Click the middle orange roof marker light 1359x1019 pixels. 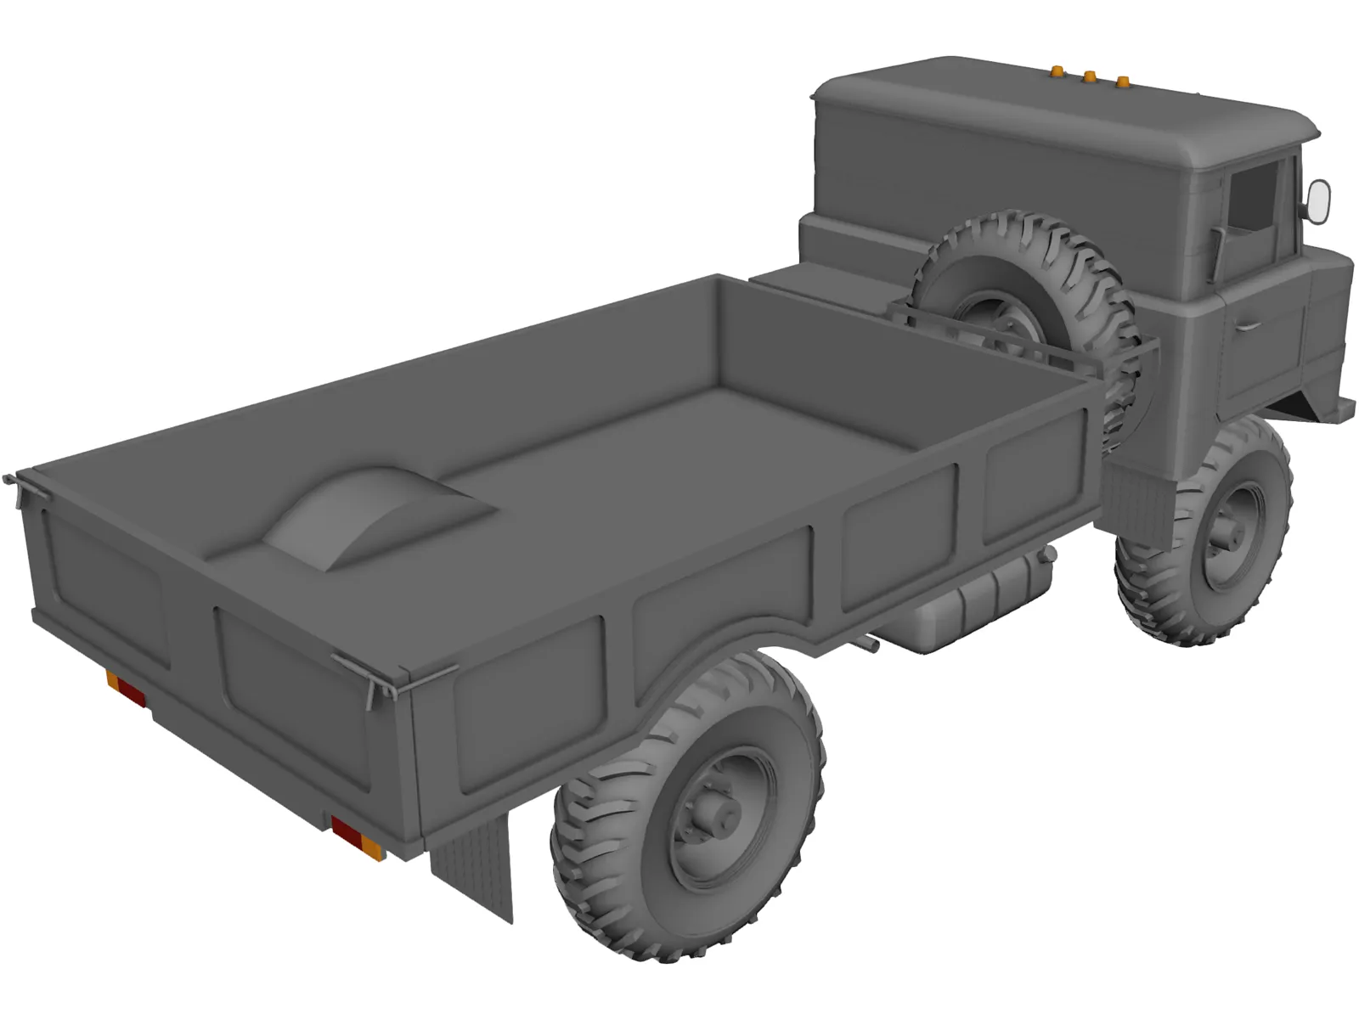point(1086,77)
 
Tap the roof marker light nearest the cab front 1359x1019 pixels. point(1122,82)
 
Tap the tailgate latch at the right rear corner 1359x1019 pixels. point(374,679)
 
